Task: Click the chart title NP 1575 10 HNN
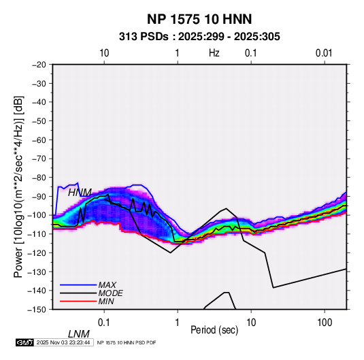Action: coord(199,19)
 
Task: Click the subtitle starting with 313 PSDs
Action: coord(199,37)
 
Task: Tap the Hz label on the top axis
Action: coord(214,53)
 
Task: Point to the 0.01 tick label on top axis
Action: coord(324,53)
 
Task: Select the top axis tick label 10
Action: coord(104,53)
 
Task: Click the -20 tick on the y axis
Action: coord(39,65)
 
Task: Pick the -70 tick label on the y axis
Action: coord(39,159)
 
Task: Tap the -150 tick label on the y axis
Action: coord(37,310)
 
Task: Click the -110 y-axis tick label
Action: coord(37,234)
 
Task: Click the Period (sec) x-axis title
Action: coord(214,330)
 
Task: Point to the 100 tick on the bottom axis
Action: coord(325,323)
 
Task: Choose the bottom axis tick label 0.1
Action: coord(104,323)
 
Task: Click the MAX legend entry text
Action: coord(107,285)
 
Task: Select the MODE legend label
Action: coord(110,293)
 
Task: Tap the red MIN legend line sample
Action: coord(78,301)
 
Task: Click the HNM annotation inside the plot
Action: coord(80,193)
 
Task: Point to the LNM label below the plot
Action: coord(78,334)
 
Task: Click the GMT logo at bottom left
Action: coord(25,342)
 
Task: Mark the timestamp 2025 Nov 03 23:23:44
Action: coord(63,342)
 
